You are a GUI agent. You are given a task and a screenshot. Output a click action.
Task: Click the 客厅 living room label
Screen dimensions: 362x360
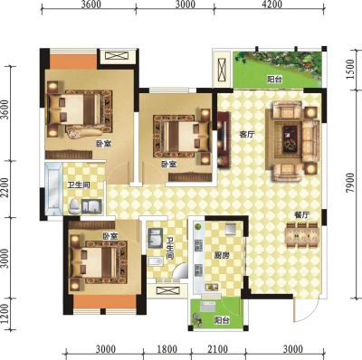click(247, 135)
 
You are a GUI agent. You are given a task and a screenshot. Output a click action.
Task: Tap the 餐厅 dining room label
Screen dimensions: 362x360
click(302, 215)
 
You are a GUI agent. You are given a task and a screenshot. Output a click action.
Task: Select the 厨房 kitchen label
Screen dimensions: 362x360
click(222, 256)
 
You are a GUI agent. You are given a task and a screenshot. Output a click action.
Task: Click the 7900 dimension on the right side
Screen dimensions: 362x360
click(351, 183)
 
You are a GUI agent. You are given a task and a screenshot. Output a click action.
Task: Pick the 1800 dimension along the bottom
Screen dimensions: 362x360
click(167, 349)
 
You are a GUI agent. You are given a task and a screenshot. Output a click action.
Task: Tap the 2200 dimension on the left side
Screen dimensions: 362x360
click(5, 188)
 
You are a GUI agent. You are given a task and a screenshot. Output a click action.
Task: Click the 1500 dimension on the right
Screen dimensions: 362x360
click(351, 70)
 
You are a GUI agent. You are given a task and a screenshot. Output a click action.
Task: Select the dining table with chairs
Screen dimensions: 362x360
click(302, 235)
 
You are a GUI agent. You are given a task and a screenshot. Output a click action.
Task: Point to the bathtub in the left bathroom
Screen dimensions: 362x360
click(53, 188)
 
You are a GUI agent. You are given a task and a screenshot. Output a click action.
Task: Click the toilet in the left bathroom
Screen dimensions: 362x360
click(74, 206)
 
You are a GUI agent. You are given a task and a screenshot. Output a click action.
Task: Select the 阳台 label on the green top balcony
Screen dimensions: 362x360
click(275, 80)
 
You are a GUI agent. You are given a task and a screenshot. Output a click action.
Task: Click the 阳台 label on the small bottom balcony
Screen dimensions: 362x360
click(222, 320)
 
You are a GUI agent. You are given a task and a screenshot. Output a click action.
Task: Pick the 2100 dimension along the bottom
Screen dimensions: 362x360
click(218, 349)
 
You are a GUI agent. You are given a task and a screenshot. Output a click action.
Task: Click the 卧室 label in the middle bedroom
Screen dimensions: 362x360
click(169, 165)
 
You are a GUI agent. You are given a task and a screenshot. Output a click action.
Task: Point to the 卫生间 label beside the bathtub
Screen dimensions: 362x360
click(79, 185)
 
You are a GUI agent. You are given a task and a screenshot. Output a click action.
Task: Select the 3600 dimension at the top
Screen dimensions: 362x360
click(90, 5)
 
